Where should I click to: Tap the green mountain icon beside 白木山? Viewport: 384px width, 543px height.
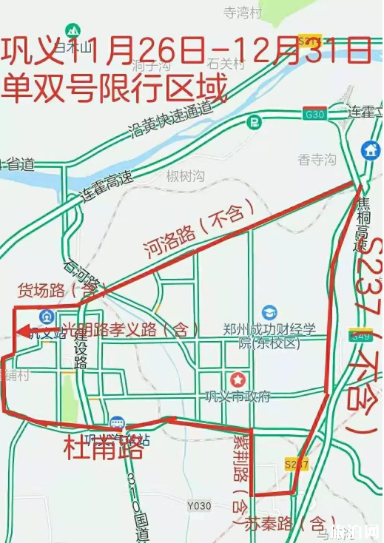pyautogui.click(x=72, y=31)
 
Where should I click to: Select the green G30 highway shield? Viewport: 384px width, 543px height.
pyautogui.click(x=314, y=113)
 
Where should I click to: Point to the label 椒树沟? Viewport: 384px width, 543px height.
pyautogui.click(x=185, y=175)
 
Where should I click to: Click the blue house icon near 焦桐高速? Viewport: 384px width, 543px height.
pyautogui.click(x=370, y=150)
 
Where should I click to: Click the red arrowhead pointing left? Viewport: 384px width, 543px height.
pyautogui.click(x=22, y=331)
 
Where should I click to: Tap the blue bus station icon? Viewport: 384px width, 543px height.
pyautogui.click(x=117, y=425)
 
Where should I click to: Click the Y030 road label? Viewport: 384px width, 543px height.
pyautogui.click(x=198, y=506)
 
